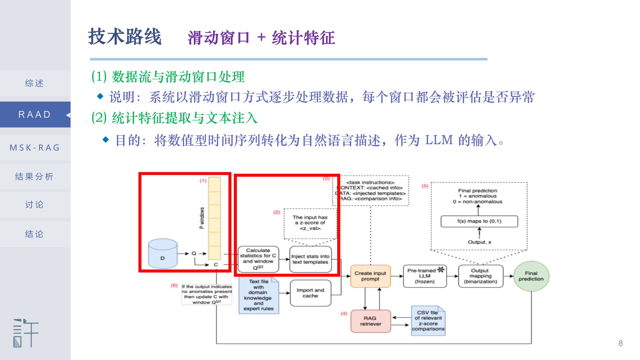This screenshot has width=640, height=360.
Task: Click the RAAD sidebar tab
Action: click(35, 114)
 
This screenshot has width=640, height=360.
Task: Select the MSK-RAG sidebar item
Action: click(35, 147)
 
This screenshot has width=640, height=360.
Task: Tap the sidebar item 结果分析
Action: click(35, 177)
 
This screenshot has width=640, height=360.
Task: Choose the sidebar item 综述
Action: click(35, 83)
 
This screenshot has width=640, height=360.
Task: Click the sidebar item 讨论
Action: click(35, 205)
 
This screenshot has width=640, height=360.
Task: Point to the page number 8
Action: click(621, 343)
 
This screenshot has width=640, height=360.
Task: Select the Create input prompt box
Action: click(370, 276)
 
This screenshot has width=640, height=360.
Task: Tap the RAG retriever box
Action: click(371, 321)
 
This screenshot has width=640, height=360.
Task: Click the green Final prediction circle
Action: click(531, 276)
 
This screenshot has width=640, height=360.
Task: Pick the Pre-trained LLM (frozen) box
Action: click(425, 276)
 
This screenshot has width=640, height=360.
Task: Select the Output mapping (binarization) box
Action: click(480, 276)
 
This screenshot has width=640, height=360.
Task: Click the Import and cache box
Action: click(310, 293)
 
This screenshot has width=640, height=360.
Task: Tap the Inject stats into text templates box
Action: click(310, 259)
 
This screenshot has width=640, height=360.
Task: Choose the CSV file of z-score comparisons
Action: click(428, 321)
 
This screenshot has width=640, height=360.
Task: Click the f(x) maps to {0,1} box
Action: click(479, 221)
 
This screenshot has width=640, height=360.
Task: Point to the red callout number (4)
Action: click(344, 313)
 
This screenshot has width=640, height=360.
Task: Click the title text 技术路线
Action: click(125, 37)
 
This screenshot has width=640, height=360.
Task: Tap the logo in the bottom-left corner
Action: click(26, 333)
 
